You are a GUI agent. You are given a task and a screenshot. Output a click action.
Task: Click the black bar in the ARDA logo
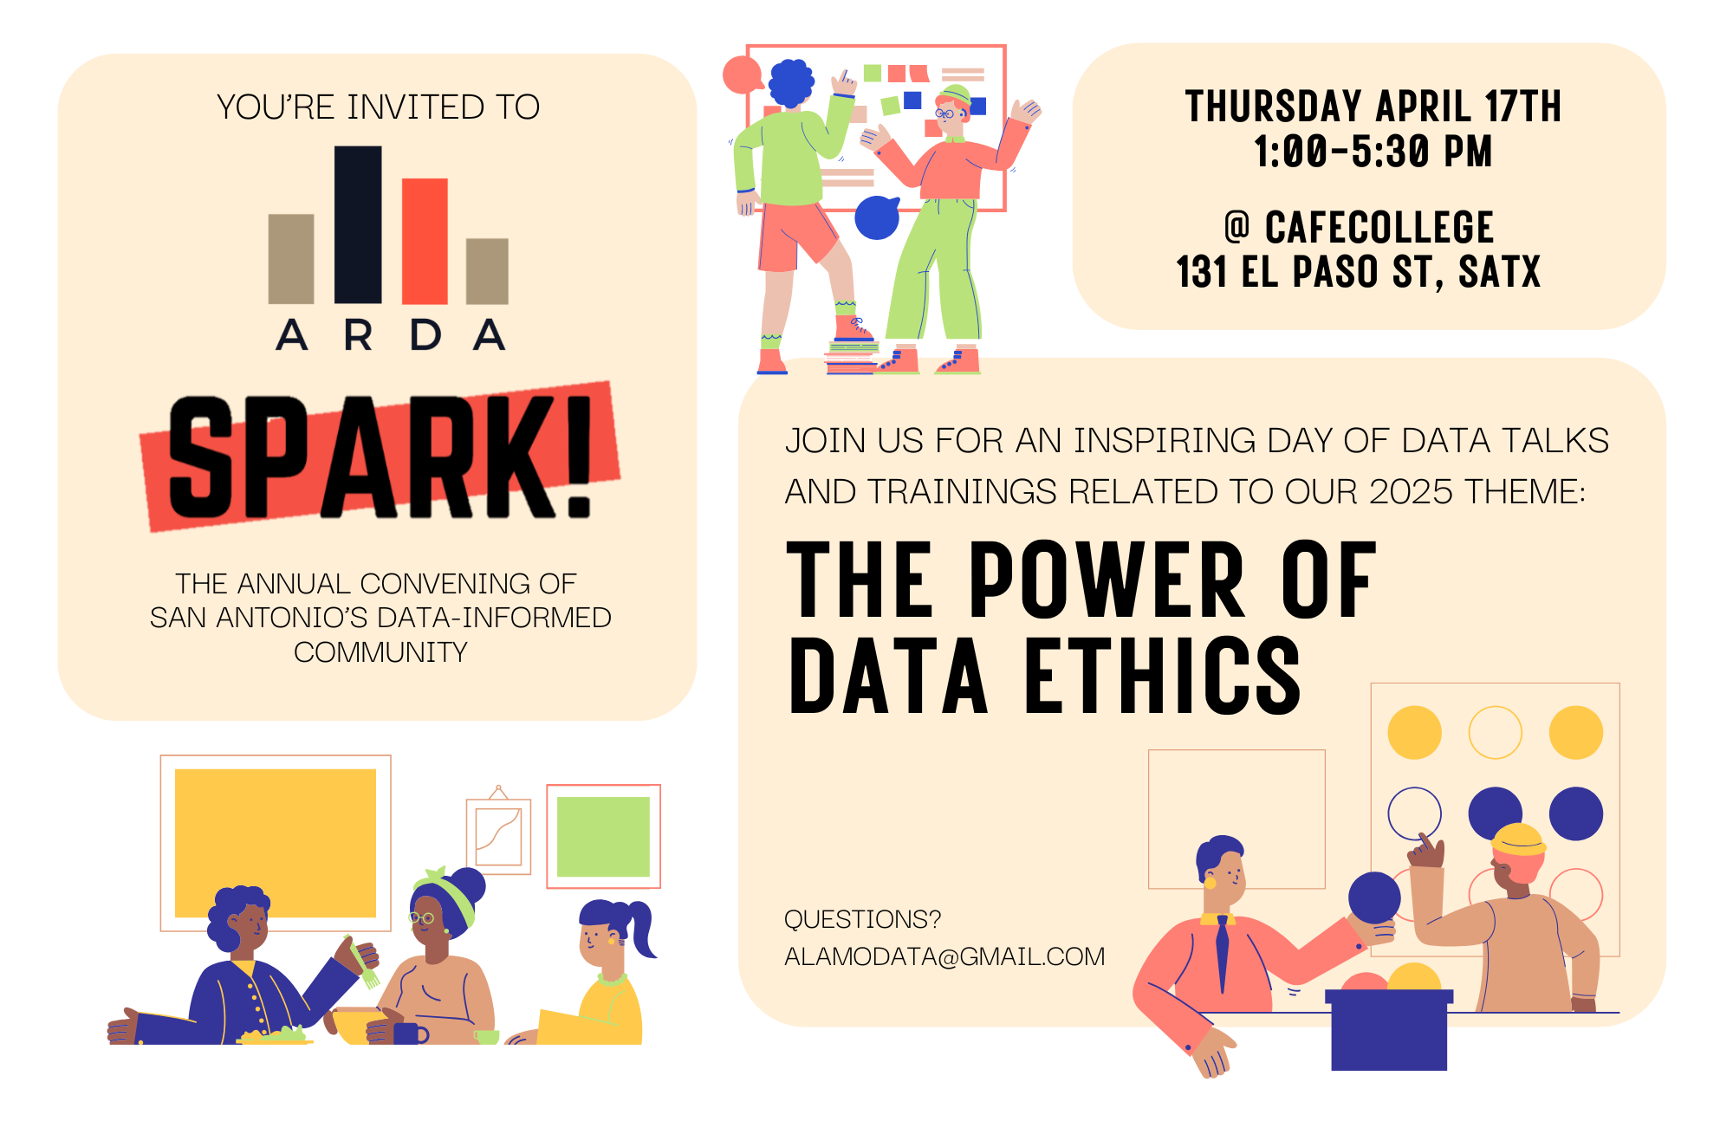(358, 224)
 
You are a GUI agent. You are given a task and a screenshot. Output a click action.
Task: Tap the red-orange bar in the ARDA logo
(425, 241)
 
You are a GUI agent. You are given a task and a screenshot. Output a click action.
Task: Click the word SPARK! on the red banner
(380, 457)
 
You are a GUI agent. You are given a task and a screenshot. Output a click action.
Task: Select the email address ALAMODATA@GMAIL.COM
(944, 956)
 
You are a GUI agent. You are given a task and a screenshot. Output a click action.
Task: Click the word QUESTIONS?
(862, 919)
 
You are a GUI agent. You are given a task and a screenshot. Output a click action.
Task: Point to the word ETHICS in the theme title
(1163, 676)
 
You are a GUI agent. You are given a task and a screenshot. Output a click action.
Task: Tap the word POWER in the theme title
(1107, 579)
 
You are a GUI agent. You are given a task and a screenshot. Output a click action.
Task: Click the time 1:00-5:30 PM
(1373, 152)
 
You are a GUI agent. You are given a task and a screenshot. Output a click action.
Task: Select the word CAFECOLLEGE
(1379, 228)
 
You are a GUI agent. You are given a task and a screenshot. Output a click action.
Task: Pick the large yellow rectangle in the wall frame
(276, 843)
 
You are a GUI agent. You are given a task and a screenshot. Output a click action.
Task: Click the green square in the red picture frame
(603, 837)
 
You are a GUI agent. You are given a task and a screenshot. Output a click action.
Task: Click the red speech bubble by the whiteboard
(743, 75)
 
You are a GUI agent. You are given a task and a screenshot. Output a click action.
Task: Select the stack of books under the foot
(852, 358)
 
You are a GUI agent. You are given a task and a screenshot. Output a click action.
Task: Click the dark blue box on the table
(1389, 1031)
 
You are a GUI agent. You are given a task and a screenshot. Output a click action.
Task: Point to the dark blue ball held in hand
(1374, 897)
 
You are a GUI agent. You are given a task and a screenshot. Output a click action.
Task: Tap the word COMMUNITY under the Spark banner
(380, 652)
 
